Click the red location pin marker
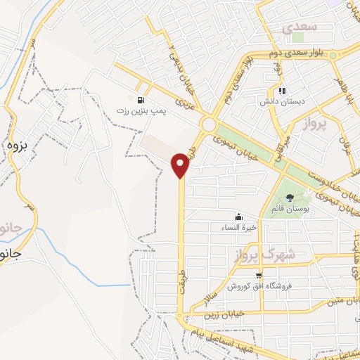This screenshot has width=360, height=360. point(181,165)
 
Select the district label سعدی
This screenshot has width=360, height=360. point(300,27)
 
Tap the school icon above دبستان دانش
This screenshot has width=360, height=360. point(282,91)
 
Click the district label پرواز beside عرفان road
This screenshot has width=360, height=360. point(317,127)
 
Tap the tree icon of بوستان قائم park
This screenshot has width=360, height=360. point(290,197)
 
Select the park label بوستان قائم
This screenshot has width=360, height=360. point(290,210)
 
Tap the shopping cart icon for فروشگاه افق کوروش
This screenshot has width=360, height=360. point(259,276)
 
